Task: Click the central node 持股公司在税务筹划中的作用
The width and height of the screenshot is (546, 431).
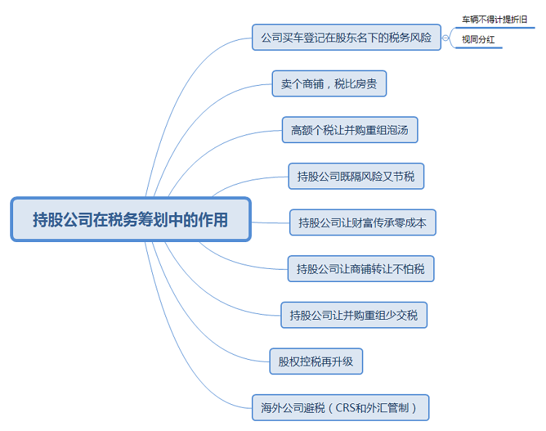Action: [130, 219]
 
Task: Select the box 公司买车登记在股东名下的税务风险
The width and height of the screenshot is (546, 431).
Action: [347, 36]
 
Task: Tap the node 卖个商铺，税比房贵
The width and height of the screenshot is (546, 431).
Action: [329, 84]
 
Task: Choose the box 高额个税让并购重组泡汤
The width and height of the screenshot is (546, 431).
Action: [349, 130]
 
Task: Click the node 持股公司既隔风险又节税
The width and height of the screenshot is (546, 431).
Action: [356, 176]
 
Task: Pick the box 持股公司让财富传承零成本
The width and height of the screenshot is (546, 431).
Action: [363, 222]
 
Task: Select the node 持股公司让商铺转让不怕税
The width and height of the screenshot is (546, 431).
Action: [360, 269]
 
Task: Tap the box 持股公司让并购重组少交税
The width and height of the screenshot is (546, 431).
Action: [354, 315]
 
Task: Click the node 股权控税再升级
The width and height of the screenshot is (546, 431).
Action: [316, 361]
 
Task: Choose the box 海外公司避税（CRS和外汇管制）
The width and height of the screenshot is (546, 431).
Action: [340, 407]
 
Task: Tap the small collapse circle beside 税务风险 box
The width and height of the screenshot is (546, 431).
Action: [446, 37]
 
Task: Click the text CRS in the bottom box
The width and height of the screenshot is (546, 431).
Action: [347, 407]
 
